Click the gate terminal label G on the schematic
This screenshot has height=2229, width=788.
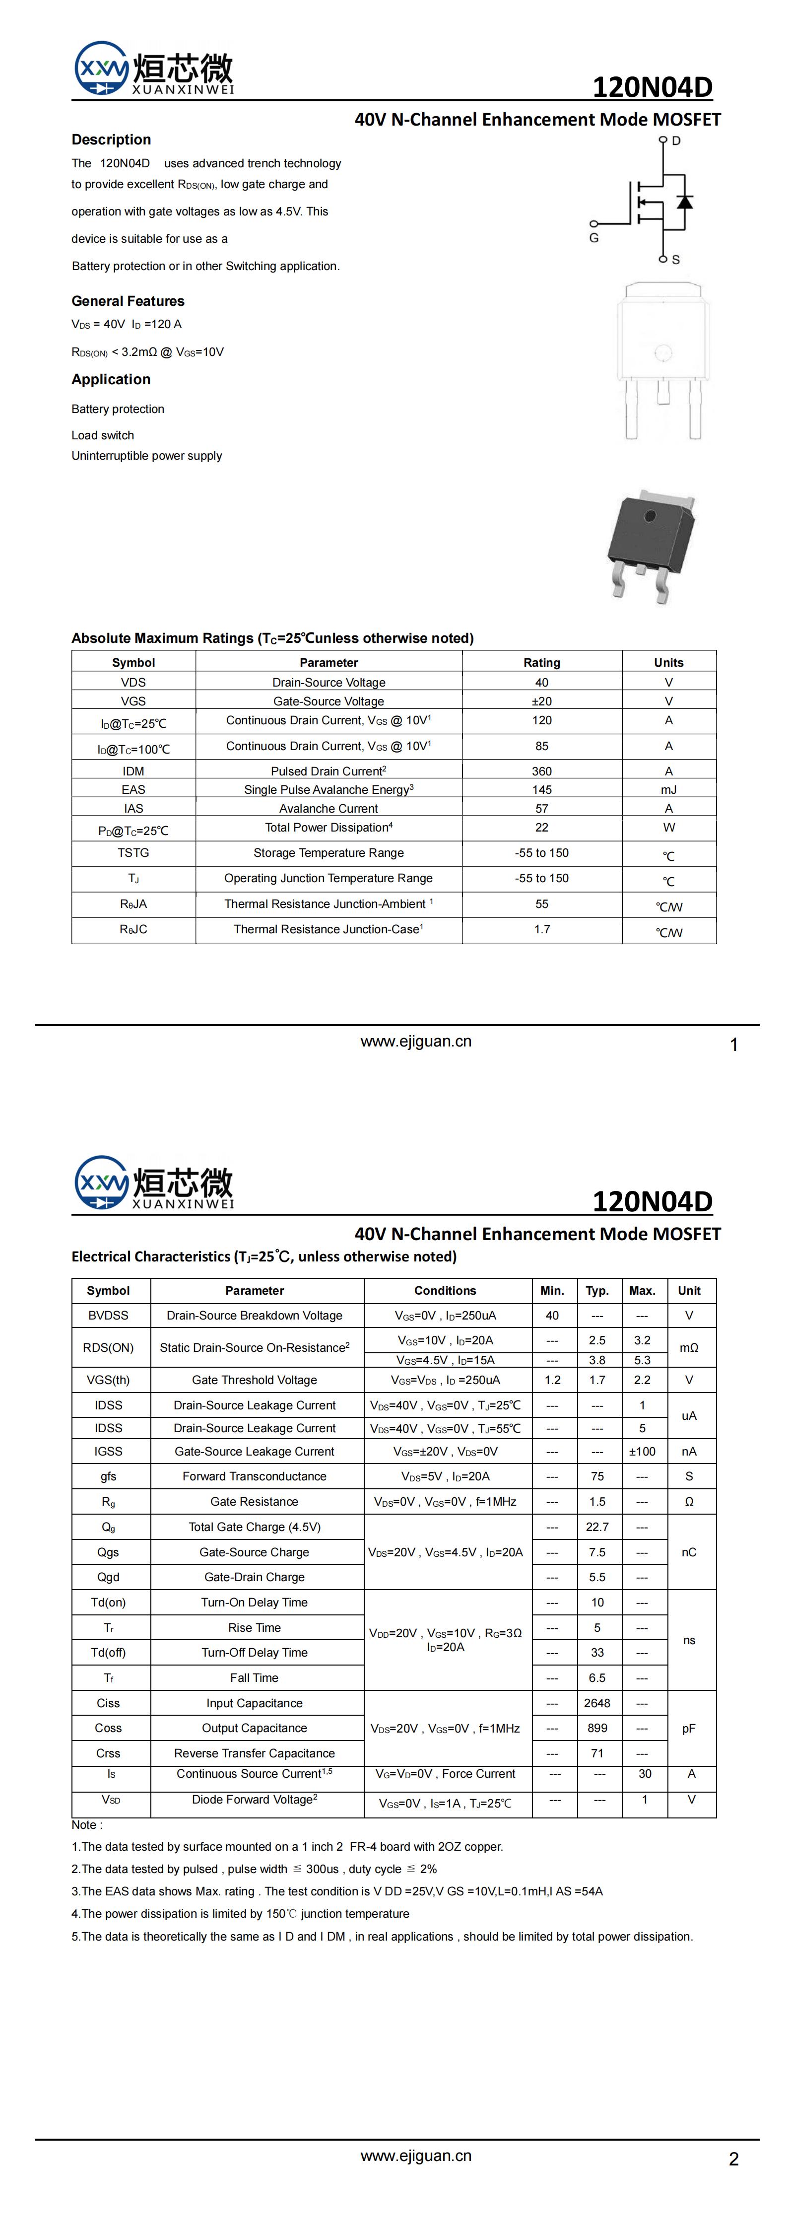tap(593, 238)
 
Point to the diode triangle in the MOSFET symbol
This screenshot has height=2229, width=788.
tap(684, 203)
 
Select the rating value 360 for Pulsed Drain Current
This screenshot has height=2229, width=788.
tap(541, 771)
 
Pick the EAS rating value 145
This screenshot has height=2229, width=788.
tap(541, 790)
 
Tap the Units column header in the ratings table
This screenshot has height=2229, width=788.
tap(668, 663)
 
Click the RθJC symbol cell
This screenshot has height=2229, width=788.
tap(133, 929)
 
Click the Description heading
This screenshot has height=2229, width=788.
tap(111, 140)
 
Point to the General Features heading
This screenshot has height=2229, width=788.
tap(128, 301)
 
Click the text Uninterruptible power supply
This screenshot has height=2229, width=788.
tap(147, 456)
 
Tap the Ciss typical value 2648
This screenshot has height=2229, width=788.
tap(597, 1703)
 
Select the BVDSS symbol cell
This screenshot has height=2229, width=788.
tap(108, 1315)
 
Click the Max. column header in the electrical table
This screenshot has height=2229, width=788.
tap(642, 1290)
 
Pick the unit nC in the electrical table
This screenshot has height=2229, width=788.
tap(689, 1552)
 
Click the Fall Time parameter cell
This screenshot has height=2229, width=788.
tap(254, 1678)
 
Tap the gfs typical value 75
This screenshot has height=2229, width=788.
tap(597, 1476)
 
